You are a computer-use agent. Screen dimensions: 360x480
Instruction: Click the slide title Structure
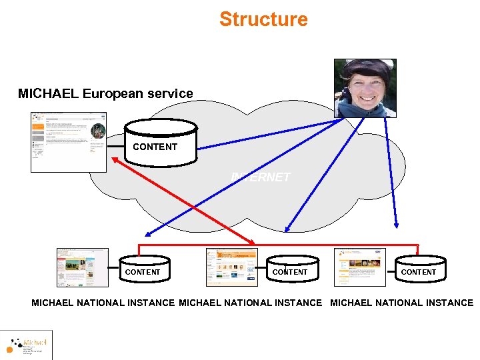263,19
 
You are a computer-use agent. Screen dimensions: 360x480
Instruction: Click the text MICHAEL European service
105,94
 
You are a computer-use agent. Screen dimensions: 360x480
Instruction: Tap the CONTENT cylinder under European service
161,142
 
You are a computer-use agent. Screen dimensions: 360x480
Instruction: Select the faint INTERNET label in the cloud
261,177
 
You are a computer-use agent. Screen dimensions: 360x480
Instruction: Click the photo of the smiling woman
365,89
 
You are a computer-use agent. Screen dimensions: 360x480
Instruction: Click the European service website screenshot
69,142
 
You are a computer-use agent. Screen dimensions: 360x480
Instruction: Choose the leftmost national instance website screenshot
83,267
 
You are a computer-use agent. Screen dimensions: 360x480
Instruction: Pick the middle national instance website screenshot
231,267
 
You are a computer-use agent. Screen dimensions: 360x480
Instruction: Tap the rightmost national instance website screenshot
360,267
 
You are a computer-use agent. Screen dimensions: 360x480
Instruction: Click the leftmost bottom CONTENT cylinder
142,269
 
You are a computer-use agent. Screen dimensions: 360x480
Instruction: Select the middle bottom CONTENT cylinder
289,269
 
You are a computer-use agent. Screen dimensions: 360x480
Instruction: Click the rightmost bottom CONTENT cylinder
418,269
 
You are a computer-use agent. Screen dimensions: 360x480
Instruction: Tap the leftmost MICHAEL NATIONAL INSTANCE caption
103,303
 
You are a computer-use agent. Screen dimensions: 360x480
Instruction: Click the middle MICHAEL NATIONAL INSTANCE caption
250,303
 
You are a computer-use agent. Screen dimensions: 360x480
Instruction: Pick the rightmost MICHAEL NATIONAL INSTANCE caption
401,303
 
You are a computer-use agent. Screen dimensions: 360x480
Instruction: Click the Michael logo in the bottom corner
27,345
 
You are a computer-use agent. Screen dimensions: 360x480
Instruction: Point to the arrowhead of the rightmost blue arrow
396,225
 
